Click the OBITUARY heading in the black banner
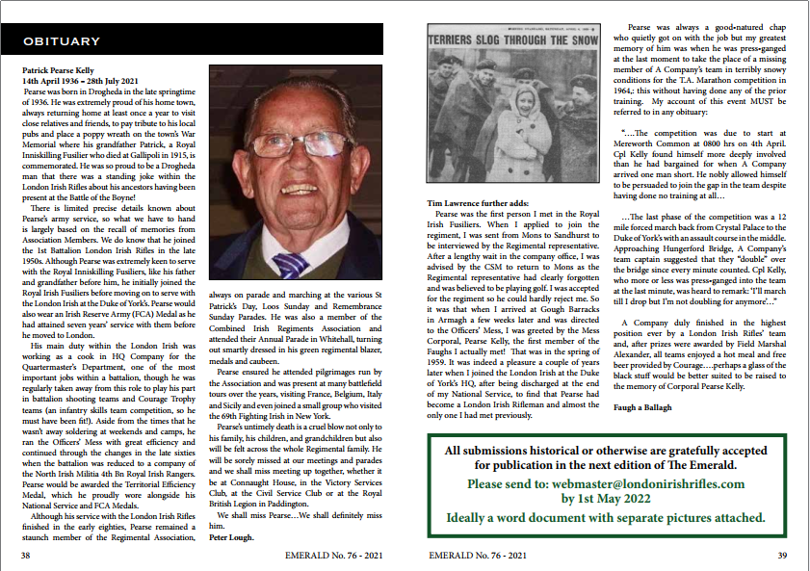61,41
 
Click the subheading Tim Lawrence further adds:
477,204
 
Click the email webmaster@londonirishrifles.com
607,483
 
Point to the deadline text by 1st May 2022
607,499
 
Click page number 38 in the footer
27,556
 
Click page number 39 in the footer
782,556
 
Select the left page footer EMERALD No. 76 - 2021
334,556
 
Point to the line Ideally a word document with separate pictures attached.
607,517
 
